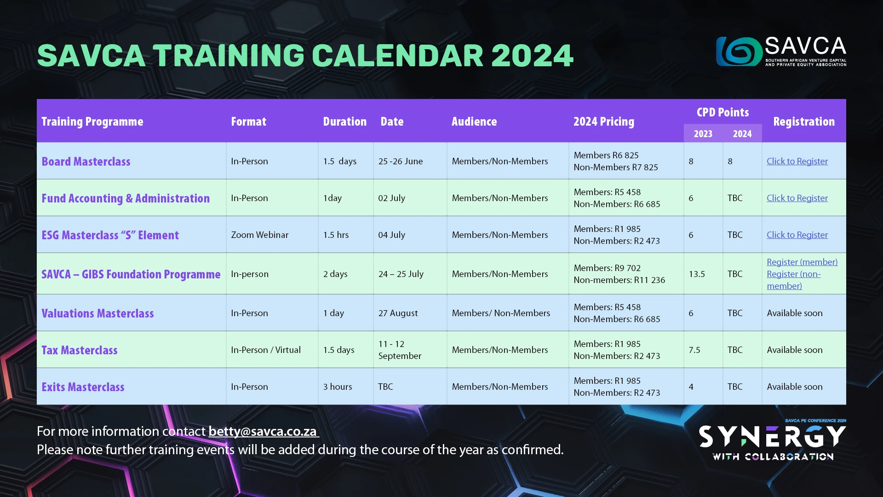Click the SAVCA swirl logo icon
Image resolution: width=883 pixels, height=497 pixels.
click(739, 51)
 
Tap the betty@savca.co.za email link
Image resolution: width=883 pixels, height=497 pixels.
click(263, 431)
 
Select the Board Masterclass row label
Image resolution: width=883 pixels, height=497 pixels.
click(86, 162)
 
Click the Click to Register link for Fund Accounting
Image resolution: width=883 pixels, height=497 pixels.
click(797, 198)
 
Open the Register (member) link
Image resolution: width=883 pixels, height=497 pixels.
click(802, 262)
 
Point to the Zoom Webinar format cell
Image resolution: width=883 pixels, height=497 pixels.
click(260, 235)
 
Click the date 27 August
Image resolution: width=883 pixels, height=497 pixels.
click(398, 313)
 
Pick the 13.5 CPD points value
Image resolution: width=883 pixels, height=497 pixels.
click(697, 274)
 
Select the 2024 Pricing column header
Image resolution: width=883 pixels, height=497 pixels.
click(604, 121)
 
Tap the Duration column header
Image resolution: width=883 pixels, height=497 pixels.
click(345, 121)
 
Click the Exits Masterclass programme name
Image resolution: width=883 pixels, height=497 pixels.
click(83, 387)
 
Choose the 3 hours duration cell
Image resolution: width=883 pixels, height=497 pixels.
click(338, 387)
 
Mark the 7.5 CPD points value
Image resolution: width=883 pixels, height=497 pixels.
click(694, 350)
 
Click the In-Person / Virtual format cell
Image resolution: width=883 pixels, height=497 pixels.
click(266, 350)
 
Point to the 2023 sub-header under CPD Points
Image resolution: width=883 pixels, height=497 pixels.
click(703, 134)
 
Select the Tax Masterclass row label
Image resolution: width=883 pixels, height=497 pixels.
click(80, 350)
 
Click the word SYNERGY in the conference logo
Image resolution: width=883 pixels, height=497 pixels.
click(773, 436)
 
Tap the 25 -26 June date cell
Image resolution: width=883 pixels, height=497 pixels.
click(401, 161)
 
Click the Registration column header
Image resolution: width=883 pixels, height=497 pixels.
click(804, 121)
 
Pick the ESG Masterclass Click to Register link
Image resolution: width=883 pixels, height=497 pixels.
click(797, 235)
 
